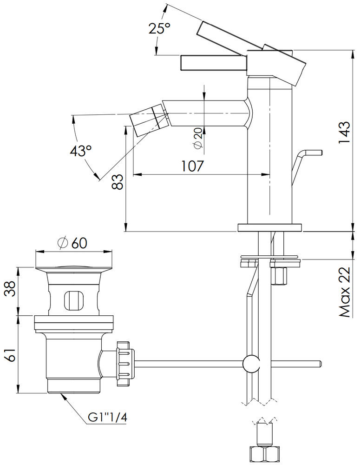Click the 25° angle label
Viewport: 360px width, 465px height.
(x=159, y=29)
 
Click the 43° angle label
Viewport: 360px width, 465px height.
(x=81, y=151)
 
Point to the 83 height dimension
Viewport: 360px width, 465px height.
(x=118, y=181)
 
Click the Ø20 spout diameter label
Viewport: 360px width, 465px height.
(x=198, y=138)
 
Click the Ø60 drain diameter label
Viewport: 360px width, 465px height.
(x=72, y=242)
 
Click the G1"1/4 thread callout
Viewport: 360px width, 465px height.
(x=107, y=418)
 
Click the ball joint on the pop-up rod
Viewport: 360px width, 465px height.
(x=251, y=363)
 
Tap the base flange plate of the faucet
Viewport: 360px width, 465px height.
(x=269, y=227)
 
